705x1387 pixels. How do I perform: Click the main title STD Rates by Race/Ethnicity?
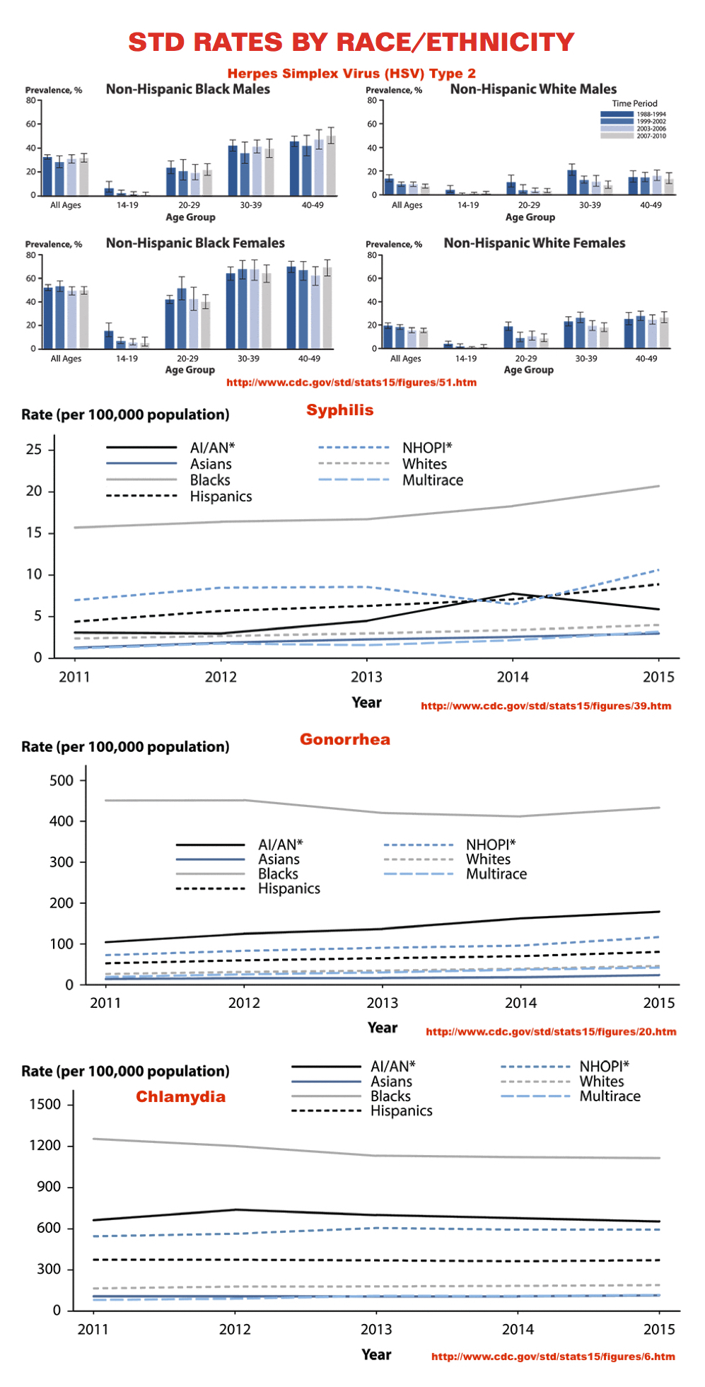(351, 42)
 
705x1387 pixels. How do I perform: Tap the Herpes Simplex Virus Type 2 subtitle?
(351, 74)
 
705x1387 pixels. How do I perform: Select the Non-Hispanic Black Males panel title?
(188, 89)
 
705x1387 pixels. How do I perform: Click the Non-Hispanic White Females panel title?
(535, 243)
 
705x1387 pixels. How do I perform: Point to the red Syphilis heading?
(339, 410)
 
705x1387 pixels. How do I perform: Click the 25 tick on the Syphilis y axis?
(34, 449)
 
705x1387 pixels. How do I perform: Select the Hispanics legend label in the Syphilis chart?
(221, 497)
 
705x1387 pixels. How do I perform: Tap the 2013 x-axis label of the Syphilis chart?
(366, 677)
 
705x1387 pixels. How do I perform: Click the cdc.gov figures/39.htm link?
(546, 706)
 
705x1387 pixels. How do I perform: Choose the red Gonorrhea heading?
(344, 739)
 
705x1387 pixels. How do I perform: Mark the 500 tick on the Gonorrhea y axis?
(62, 781)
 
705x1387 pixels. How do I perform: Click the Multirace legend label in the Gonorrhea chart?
(496, 874)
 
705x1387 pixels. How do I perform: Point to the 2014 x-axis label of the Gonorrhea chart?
(520, 1003)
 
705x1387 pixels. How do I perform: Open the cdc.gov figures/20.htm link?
(551, 1032)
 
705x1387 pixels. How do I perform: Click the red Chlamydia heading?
(180, 1097)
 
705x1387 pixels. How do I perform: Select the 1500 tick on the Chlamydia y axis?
(45, 1105)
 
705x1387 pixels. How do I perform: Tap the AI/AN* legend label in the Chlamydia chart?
(392, 1067)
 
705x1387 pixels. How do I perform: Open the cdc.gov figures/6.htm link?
(553, 1357)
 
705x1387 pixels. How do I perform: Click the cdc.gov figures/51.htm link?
(351, 383)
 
